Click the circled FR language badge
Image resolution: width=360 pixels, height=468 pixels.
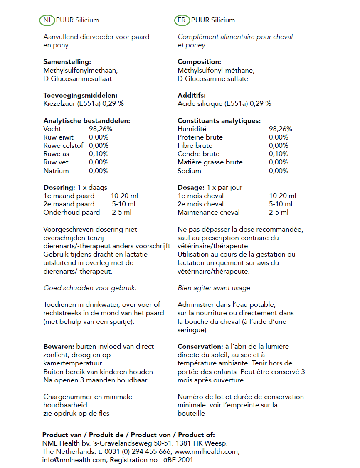tap(182, 20)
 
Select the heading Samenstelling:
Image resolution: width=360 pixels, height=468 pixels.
tap(67, 62)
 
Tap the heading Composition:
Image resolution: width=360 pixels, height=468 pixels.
tap(199, 62)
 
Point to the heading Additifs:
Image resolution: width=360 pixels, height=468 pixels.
tap(191, 96)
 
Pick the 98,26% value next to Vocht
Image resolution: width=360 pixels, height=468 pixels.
tap(101, 129)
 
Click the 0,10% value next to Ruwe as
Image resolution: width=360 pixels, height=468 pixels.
tap(99, 154)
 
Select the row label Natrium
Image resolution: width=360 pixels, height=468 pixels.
tap(56, 171)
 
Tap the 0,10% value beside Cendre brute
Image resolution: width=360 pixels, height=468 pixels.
tap(278, 154)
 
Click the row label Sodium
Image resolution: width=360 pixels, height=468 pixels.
tap(189, 171)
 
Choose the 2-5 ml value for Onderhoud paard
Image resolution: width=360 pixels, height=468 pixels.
tap(121, 213)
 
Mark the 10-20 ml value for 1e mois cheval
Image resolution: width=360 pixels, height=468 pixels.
tap(282, 196)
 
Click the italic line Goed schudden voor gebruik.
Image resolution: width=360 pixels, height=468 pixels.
tap(90, 288)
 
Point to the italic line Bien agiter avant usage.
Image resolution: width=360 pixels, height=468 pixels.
tap(215, 288)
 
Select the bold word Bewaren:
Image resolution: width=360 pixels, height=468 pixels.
tap(59, 347)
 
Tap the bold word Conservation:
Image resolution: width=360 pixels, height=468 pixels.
tap(200, 347)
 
